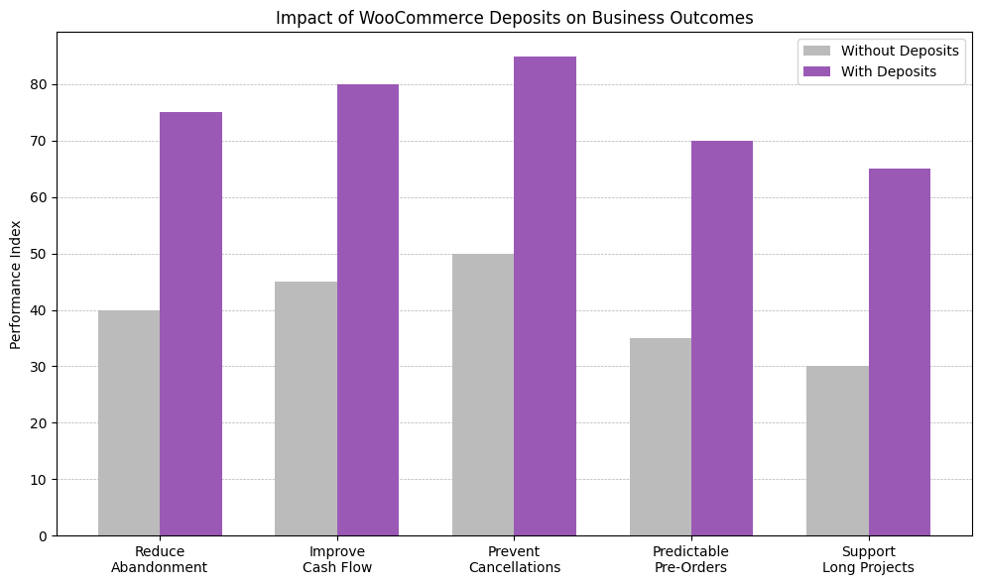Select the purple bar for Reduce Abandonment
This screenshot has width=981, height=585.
click(x=190, y=324)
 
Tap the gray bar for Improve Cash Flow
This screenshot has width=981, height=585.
click(x=306, y=409)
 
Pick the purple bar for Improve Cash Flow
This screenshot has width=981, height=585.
click(x=368, y=310)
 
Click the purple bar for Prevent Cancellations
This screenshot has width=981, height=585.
click(x=545, y=296)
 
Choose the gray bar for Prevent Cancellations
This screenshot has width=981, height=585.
click(x=483, y=395)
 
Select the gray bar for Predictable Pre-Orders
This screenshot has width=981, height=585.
click(x=661, y=437)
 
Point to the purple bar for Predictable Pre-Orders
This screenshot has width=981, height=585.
click(x=722, y=338)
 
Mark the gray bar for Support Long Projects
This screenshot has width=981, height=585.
click(x=837, y=451)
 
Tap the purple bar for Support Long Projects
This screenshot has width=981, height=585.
click(x=900, y=352)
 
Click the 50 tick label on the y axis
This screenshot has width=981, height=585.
click(x=39, y=254)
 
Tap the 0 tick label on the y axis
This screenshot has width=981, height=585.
click(x=43, y=536)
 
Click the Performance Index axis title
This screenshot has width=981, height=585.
click(x=15, y=285)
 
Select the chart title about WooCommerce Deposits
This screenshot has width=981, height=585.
click(x=514, y=18)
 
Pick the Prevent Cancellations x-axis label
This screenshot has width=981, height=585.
click(x=514, y=559)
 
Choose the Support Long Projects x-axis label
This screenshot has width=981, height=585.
click(x=868, y=559)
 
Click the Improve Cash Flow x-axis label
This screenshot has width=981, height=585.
click(x=337, y=559)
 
